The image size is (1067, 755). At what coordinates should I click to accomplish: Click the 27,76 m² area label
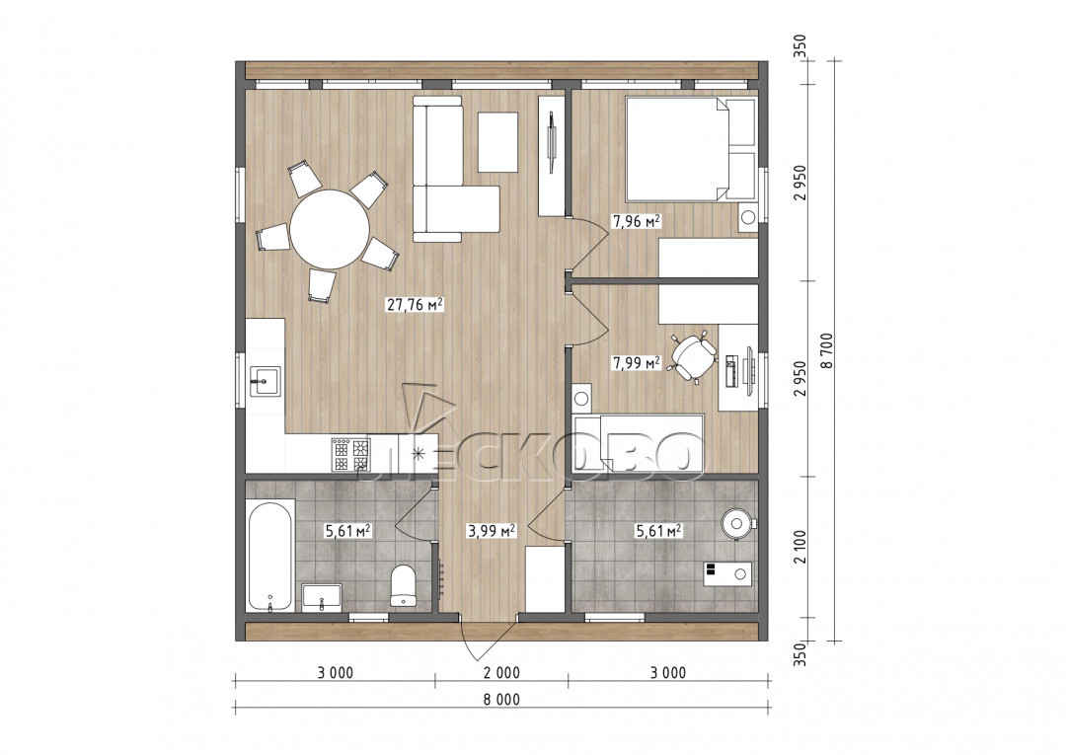click(x=416, y=304)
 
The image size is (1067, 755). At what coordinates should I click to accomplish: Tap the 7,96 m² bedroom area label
click(x=637, y=221)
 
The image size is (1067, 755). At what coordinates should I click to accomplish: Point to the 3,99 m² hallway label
click(x=490, y=530)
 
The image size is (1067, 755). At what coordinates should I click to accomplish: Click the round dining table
click(x=330, y=229)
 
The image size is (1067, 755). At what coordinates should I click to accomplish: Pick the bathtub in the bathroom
click(x=270, y=555)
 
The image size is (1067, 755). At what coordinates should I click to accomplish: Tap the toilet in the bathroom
click(x=404, y=585)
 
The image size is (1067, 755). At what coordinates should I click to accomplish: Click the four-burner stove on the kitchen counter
click(x=351, y=454)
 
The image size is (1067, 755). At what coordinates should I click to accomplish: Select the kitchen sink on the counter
click(x=265, y=381)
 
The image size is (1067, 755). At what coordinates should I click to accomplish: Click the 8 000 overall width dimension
click(x=502, y=699)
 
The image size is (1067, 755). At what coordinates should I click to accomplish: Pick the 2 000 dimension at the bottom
click(x=502, y=673)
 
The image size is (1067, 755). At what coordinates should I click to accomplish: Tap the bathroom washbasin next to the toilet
click(x=321, y=596)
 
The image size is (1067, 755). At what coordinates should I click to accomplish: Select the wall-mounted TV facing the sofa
click(x=552, y=143)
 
